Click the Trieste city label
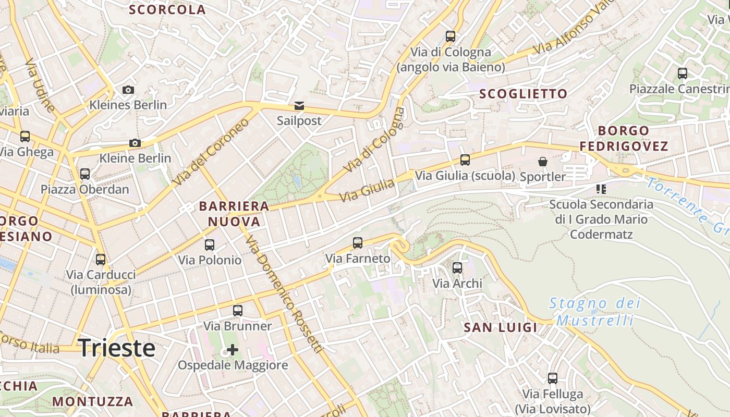(117, 348)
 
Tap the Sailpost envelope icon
(299, 106)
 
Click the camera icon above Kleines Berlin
(128, 90)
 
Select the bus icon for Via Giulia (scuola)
(465, 160)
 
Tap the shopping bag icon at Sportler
(543, 162)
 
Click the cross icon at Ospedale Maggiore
(233, 349)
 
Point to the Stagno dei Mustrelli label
(595, 311)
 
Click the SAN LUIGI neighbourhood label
(501, 327)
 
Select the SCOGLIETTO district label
(523, 94)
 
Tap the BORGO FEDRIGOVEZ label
(624, 138)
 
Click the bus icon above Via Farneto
(358, 242)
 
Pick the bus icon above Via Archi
(457, 268)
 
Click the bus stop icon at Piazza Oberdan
(85, 174)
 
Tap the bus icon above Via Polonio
(210, 244)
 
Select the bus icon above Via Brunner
(238, 311)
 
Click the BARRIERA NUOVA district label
(234, 214)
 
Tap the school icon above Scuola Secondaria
(601, 189)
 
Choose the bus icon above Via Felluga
(553, 378)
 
